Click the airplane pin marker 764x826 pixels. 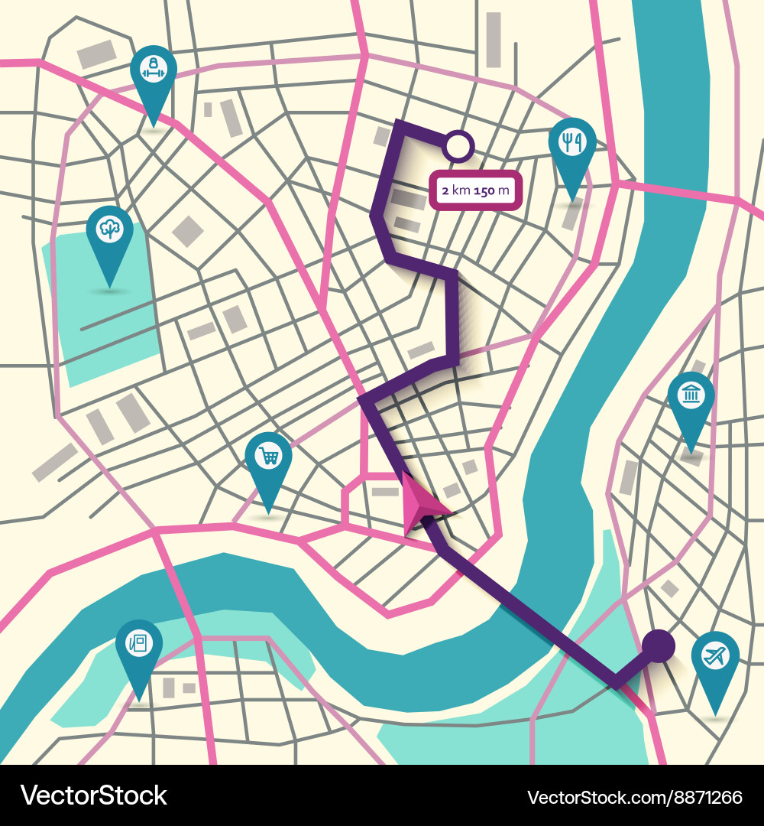(x=715, y=659)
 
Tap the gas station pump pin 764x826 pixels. (x=139, y=647)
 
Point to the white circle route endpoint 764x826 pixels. (x=459, y=146)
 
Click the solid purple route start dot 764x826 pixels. (x=658, y=646)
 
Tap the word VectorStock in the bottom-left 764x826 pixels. (x=93, y=796)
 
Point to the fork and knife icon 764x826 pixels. (x=572, y=142)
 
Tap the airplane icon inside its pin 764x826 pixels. (x=715, y=655)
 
